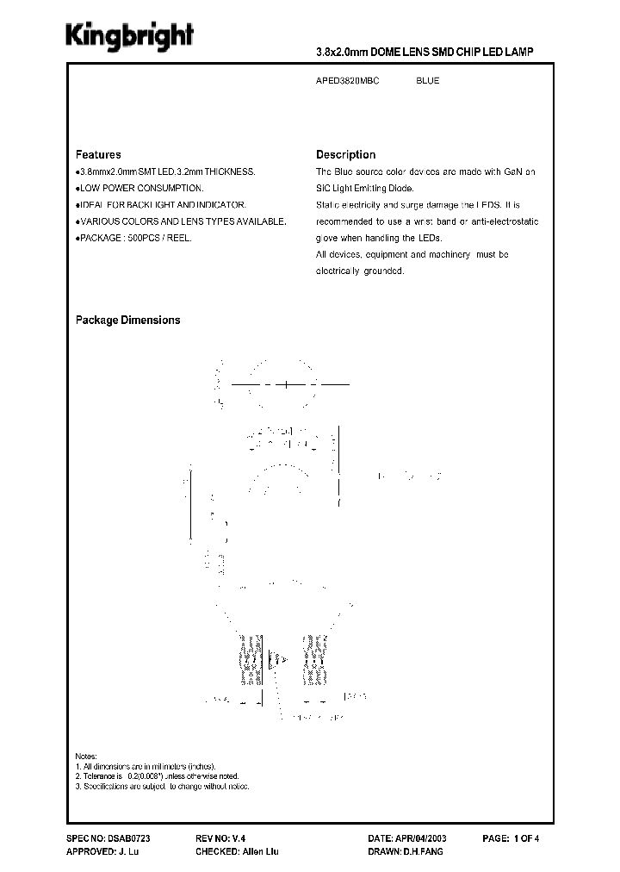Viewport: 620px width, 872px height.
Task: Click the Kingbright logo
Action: point(131,36)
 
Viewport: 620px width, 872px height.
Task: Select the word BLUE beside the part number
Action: point(427,81)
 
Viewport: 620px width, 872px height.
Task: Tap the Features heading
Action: point(98,155)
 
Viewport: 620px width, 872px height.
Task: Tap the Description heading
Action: point(345,155)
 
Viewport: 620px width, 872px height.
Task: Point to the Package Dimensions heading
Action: point(127,320)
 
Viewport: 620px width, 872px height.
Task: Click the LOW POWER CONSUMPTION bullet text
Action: point(142,188)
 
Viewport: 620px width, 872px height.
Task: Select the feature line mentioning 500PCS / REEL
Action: point(135,237)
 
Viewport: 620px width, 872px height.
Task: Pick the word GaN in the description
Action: point(513,171)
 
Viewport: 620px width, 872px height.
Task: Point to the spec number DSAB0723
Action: point(134,838)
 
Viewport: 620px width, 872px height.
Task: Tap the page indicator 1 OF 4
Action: point(525,838)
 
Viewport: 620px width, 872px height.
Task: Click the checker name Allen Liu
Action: point(259,851)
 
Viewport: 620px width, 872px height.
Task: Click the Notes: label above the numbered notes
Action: point(86,755)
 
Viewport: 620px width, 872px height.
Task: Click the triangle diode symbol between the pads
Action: point(277,661)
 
